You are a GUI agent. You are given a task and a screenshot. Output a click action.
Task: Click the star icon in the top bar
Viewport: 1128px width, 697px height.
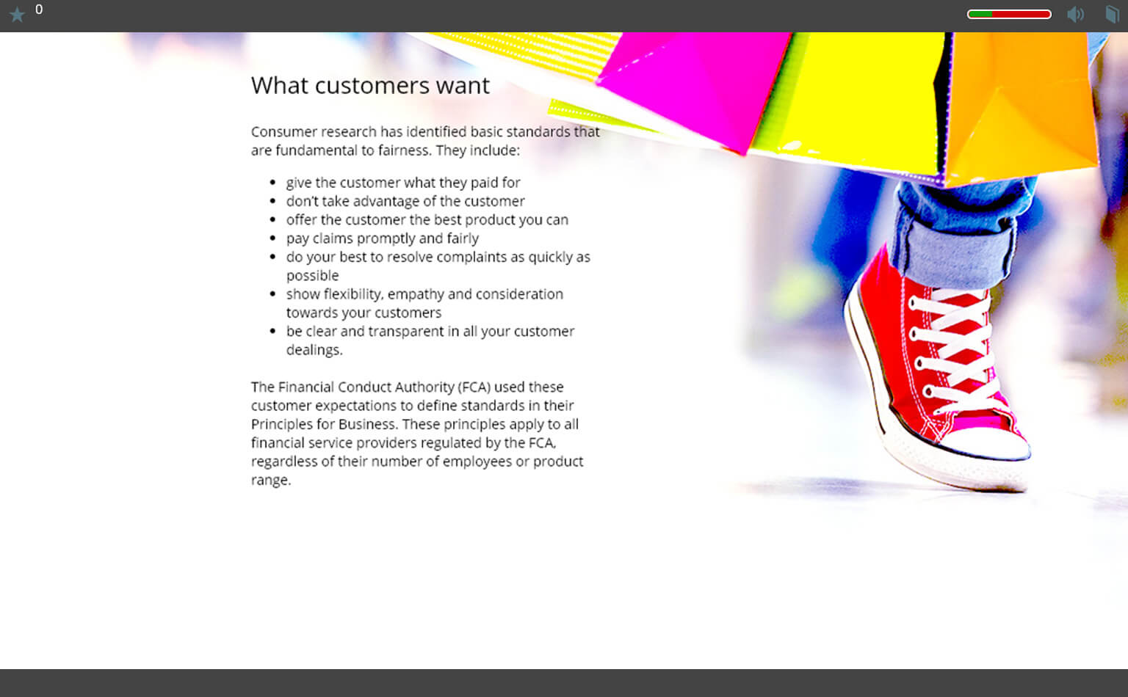pos(17,14)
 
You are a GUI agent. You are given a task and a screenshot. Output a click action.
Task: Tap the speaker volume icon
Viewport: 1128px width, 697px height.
pos(1075,14)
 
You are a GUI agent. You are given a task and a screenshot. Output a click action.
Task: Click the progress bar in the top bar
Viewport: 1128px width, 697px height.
pos(1009,14)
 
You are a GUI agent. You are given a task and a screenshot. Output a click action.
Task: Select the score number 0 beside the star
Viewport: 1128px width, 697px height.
pos(39,10)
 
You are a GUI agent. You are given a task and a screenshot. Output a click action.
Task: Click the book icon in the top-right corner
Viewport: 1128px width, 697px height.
pos(1111,14)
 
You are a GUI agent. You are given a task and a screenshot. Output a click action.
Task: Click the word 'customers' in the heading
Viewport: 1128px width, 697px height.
pos(372,86)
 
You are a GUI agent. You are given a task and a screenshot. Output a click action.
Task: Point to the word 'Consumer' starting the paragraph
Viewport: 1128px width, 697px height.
pos(284,132)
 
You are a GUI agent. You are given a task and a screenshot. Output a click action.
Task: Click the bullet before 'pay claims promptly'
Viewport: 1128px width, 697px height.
pos(273,238)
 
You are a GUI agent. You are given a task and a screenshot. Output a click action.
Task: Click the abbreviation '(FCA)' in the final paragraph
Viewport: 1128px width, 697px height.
pos(474,387)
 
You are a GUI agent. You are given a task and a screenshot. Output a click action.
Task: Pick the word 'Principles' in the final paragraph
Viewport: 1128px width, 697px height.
pos(281,424)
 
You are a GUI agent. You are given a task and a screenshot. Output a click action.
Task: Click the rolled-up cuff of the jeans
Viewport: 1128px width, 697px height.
pos(952,252)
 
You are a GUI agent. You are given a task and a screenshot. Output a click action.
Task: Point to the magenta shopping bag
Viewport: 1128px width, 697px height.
pos(695,86)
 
